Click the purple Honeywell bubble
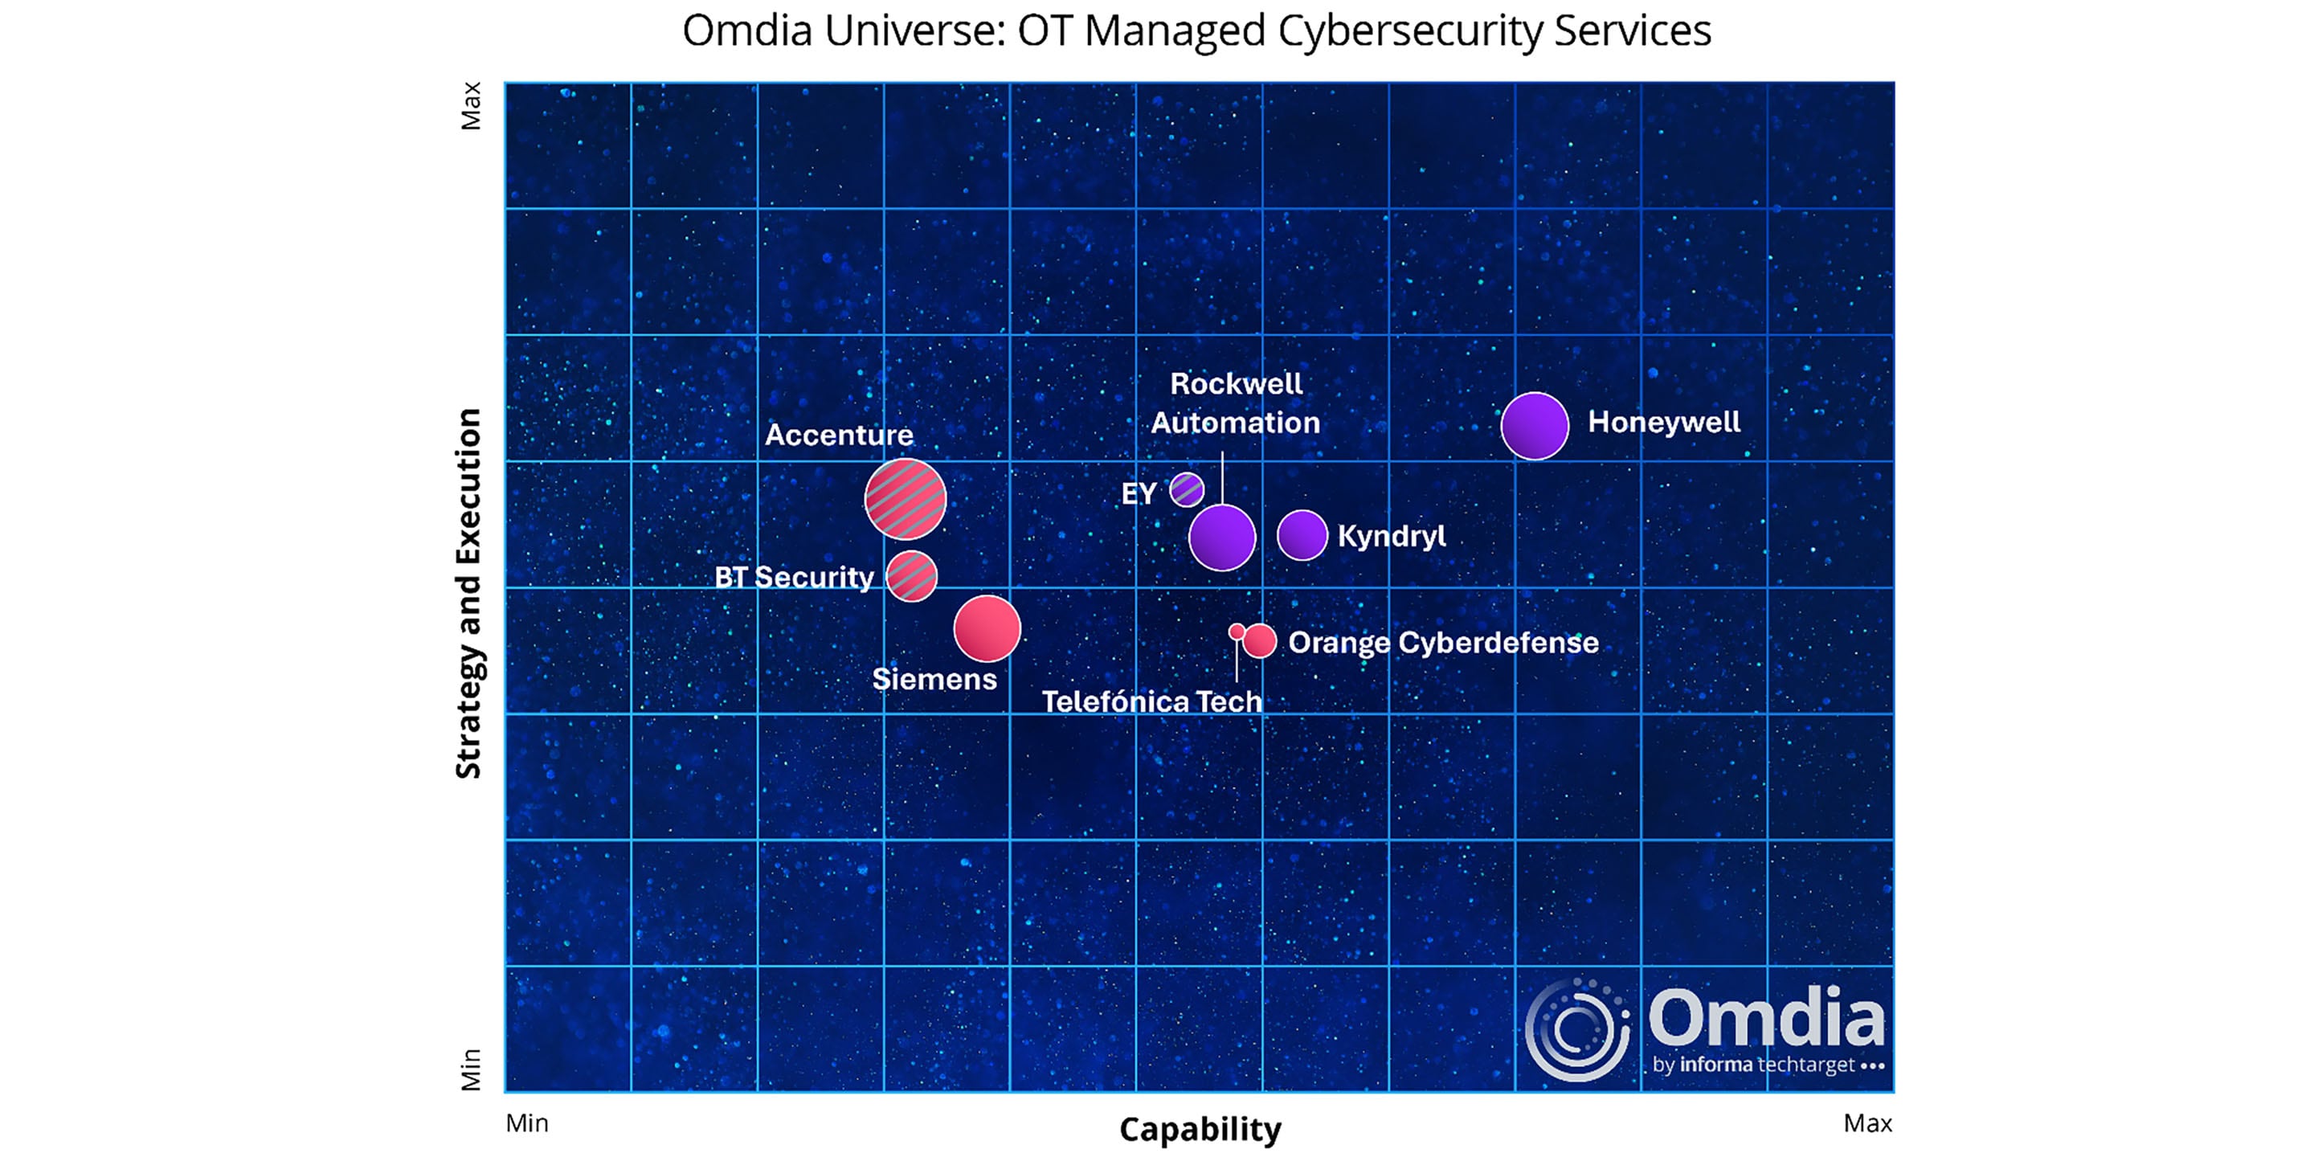1535,426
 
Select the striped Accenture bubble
905,500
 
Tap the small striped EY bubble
1187,489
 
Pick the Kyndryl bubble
1302,535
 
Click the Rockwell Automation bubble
1221,538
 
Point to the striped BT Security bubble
912,576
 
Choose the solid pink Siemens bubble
987,628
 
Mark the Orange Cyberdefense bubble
1259,640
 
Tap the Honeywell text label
1664,422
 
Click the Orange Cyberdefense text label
1444,643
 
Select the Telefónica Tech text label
1151,701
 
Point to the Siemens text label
934,679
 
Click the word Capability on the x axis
1200,1129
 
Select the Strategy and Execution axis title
469,593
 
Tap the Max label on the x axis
1867,1123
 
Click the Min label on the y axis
471,1069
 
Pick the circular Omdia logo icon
1577,1029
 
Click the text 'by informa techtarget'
1753,1065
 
